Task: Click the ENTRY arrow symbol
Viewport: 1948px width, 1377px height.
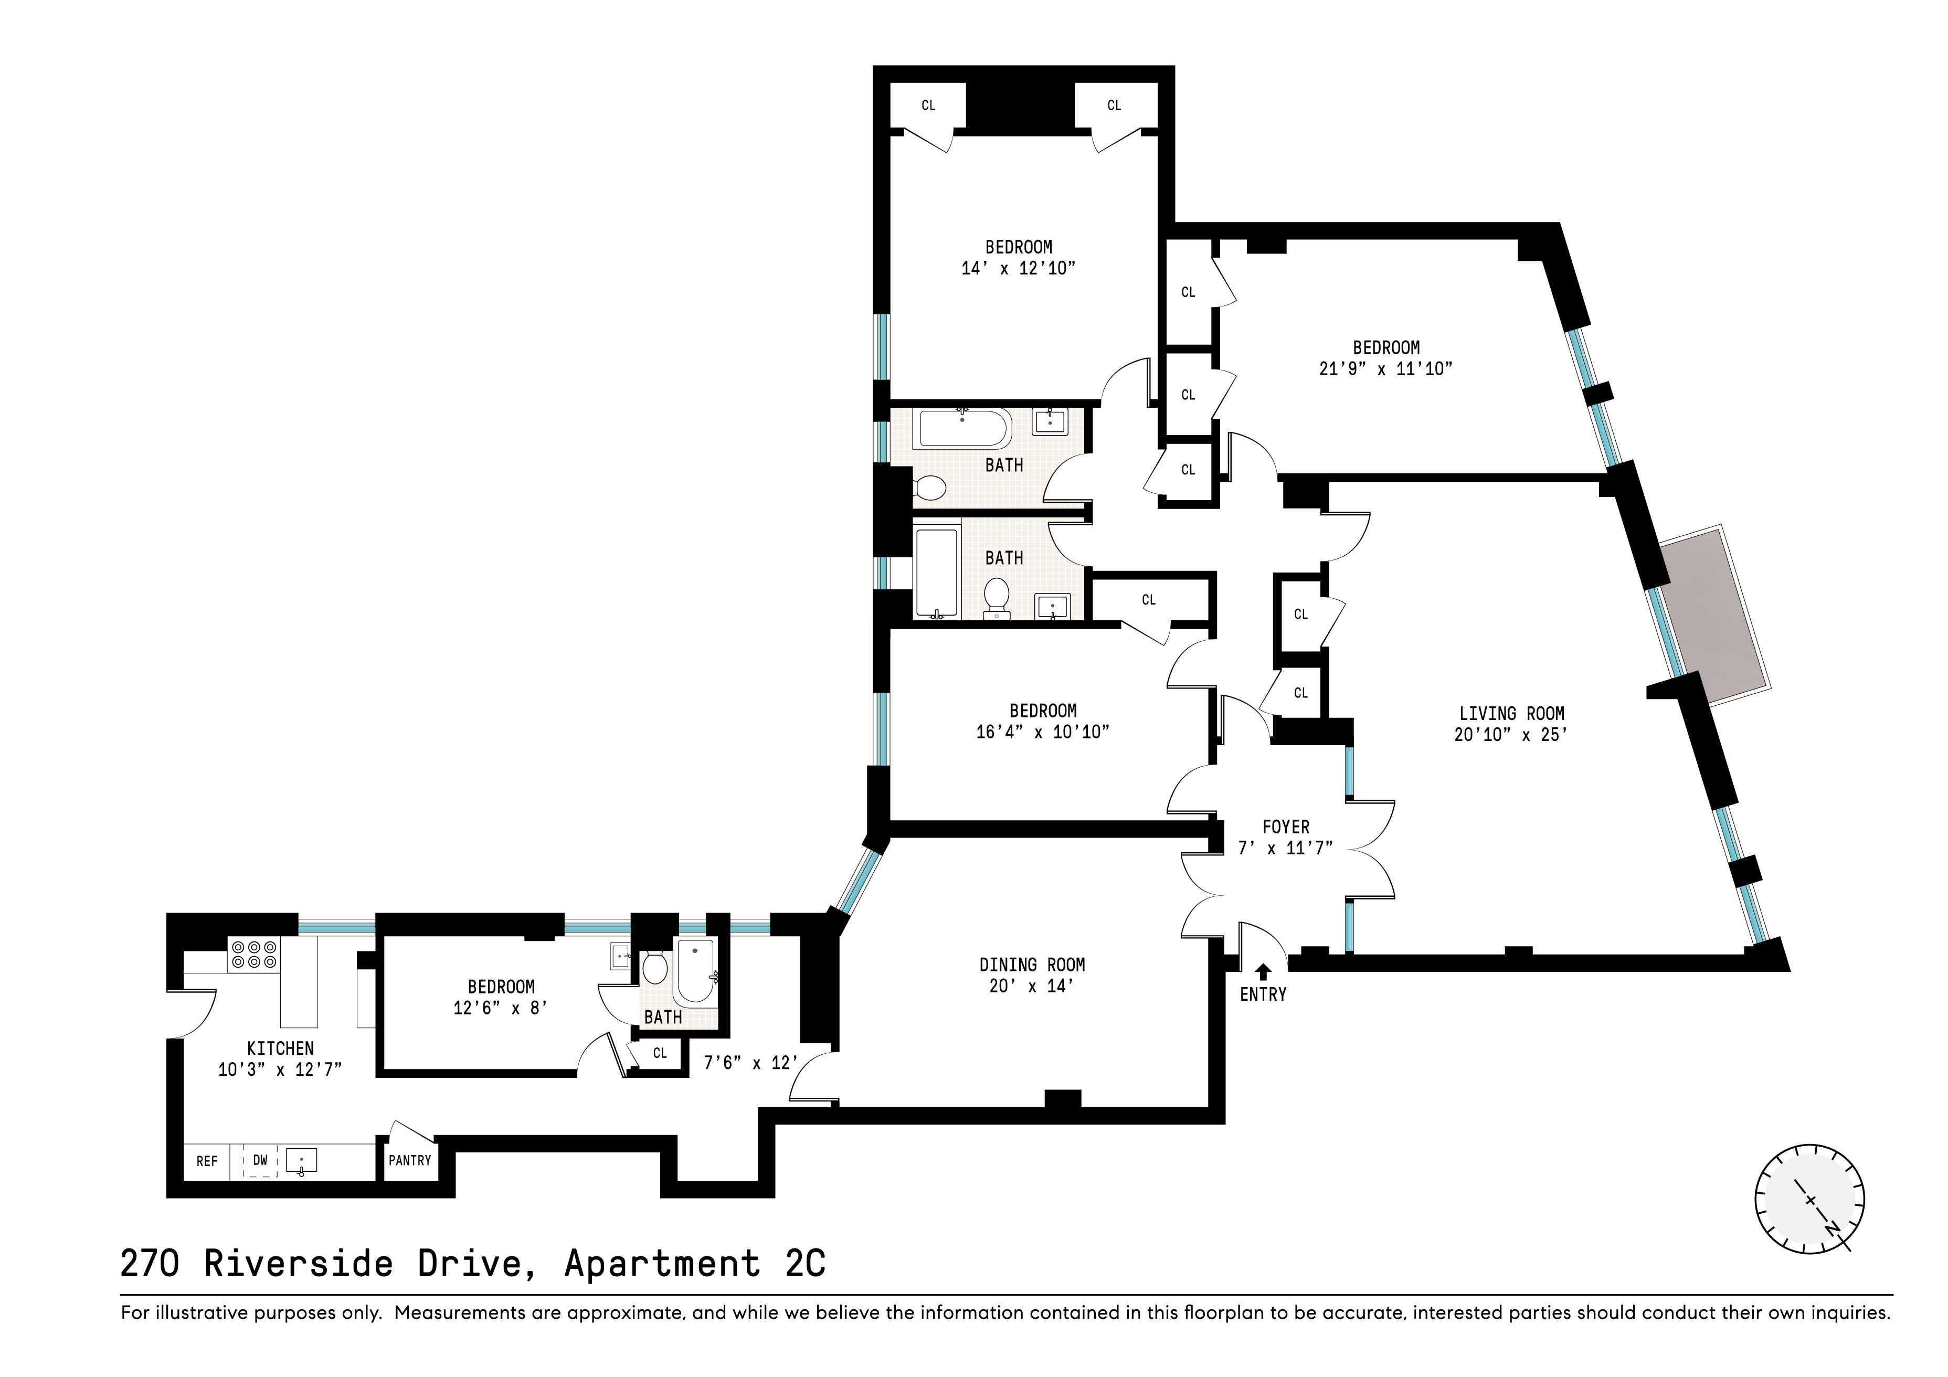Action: (1263, 971)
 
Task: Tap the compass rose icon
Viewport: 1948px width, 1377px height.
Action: (1809, 1199)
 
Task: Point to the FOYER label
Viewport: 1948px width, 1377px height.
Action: (1285, 827)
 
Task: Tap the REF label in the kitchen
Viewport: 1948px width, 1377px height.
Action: (207, 1161)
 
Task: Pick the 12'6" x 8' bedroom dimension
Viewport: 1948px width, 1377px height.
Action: (501, 1008)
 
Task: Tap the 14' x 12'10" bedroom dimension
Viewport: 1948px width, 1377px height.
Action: (1018, 268)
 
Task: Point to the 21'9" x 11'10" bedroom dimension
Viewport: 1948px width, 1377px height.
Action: (1385, 369)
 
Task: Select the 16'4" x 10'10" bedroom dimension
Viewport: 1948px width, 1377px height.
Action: (1043, 732)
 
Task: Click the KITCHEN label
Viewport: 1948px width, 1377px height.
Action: (280, 1048)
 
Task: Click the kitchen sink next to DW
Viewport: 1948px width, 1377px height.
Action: (301, 1161)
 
